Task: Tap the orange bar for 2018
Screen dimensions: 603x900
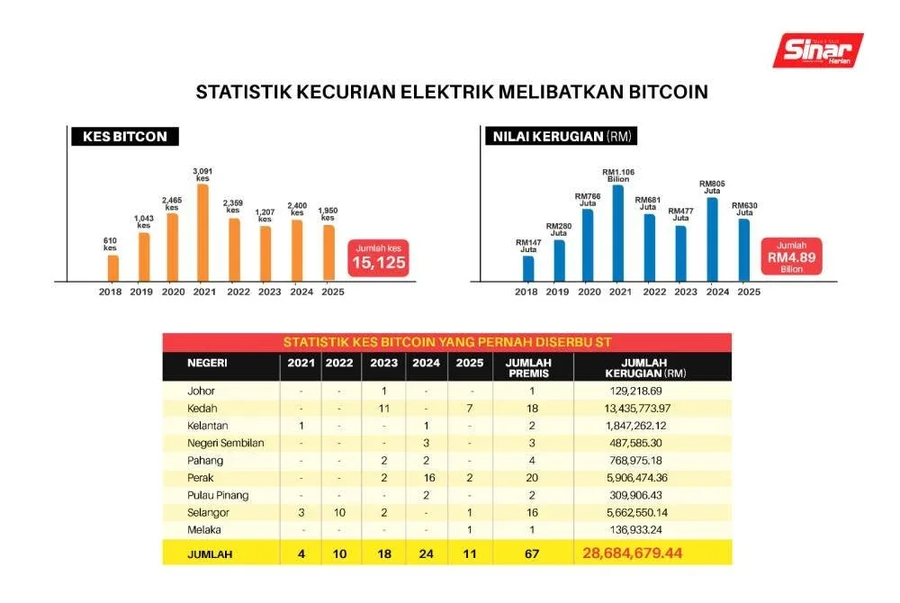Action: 112,267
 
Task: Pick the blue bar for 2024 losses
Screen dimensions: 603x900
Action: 712,238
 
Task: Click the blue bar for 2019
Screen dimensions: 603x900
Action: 559,259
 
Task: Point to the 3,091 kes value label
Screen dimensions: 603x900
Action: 203,173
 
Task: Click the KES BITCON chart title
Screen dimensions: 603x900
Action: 125,137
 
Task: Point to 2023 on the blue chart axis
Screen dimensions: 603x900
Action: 686,292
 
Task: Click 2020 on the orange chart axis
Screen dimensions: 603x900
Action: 173,292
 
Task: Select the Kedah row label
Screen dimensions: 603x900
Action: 201,409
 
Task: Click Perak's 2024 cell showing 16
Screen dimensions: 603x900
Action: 428,477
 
